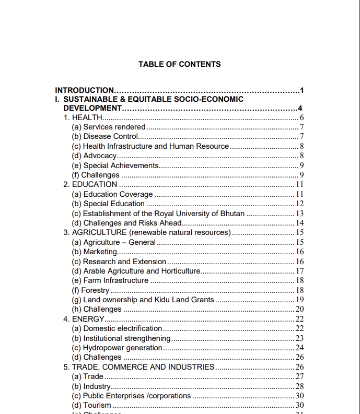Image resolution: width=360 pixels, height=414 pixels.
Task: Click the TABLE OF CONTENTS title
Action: point(179,64)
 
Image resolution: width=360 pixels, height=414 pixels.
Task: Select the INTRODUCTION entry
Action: point(85,90)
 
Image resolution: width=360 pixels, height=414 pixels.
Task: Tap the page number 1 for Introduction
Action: point(302,90)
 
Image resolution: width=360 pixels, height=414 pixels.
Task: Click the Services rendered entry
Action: point(109,127)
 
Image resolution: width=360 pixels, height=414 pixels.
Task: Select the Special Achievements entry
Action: point(115,165)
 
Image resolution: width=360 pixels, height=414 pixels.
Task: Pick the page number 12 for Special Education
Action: point(300,204)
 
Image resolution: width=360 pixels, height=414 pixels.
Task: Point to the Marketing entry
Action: point(95,252)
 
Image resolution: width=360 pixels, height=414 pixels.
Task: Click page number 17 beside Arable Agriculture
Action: point(300,271)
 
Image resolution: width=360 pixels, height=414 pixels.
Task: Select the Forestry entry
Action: point(91,290)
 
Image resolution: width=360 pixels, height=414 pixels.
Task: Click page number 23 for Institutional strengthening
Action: point(300,338)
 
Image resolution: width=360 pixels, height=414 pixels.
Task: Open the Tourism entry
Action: point(91,405)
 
